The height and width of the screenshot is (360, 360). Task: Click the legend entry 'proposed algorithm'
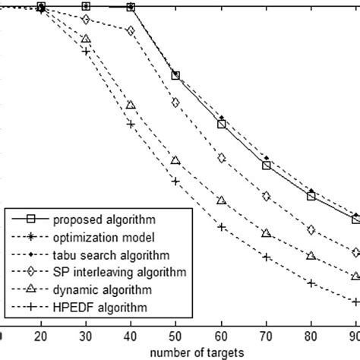click(x=96, y=221)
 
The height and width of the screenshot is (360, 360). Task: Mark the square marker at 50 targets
click(x=176, y=75)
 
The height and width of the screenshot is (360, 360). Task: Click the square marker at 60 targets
click(x=221, y=124)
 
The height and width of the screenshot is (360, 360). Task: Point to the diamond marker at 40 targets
click(x=131, y=31)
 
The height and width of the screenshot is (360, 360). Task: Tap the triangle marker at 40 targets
click(x=131, y=105)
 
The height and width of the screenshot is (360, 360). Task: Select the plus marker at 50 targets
click(x=176, y=182)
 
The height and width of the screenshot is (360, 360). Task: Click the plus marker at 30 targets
click(x=86, y=52)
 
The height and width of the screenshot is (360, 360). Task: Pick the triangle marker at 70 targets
click(x=266, y=232)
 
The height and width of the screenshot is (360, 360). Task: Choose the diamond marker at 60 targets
click(x=221, y=158)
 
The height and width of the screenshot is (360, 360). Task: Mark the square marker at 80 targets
click(x=311, y=197)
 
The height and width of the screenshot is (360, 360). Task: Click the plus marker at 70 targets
click(x=266, y=257)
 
